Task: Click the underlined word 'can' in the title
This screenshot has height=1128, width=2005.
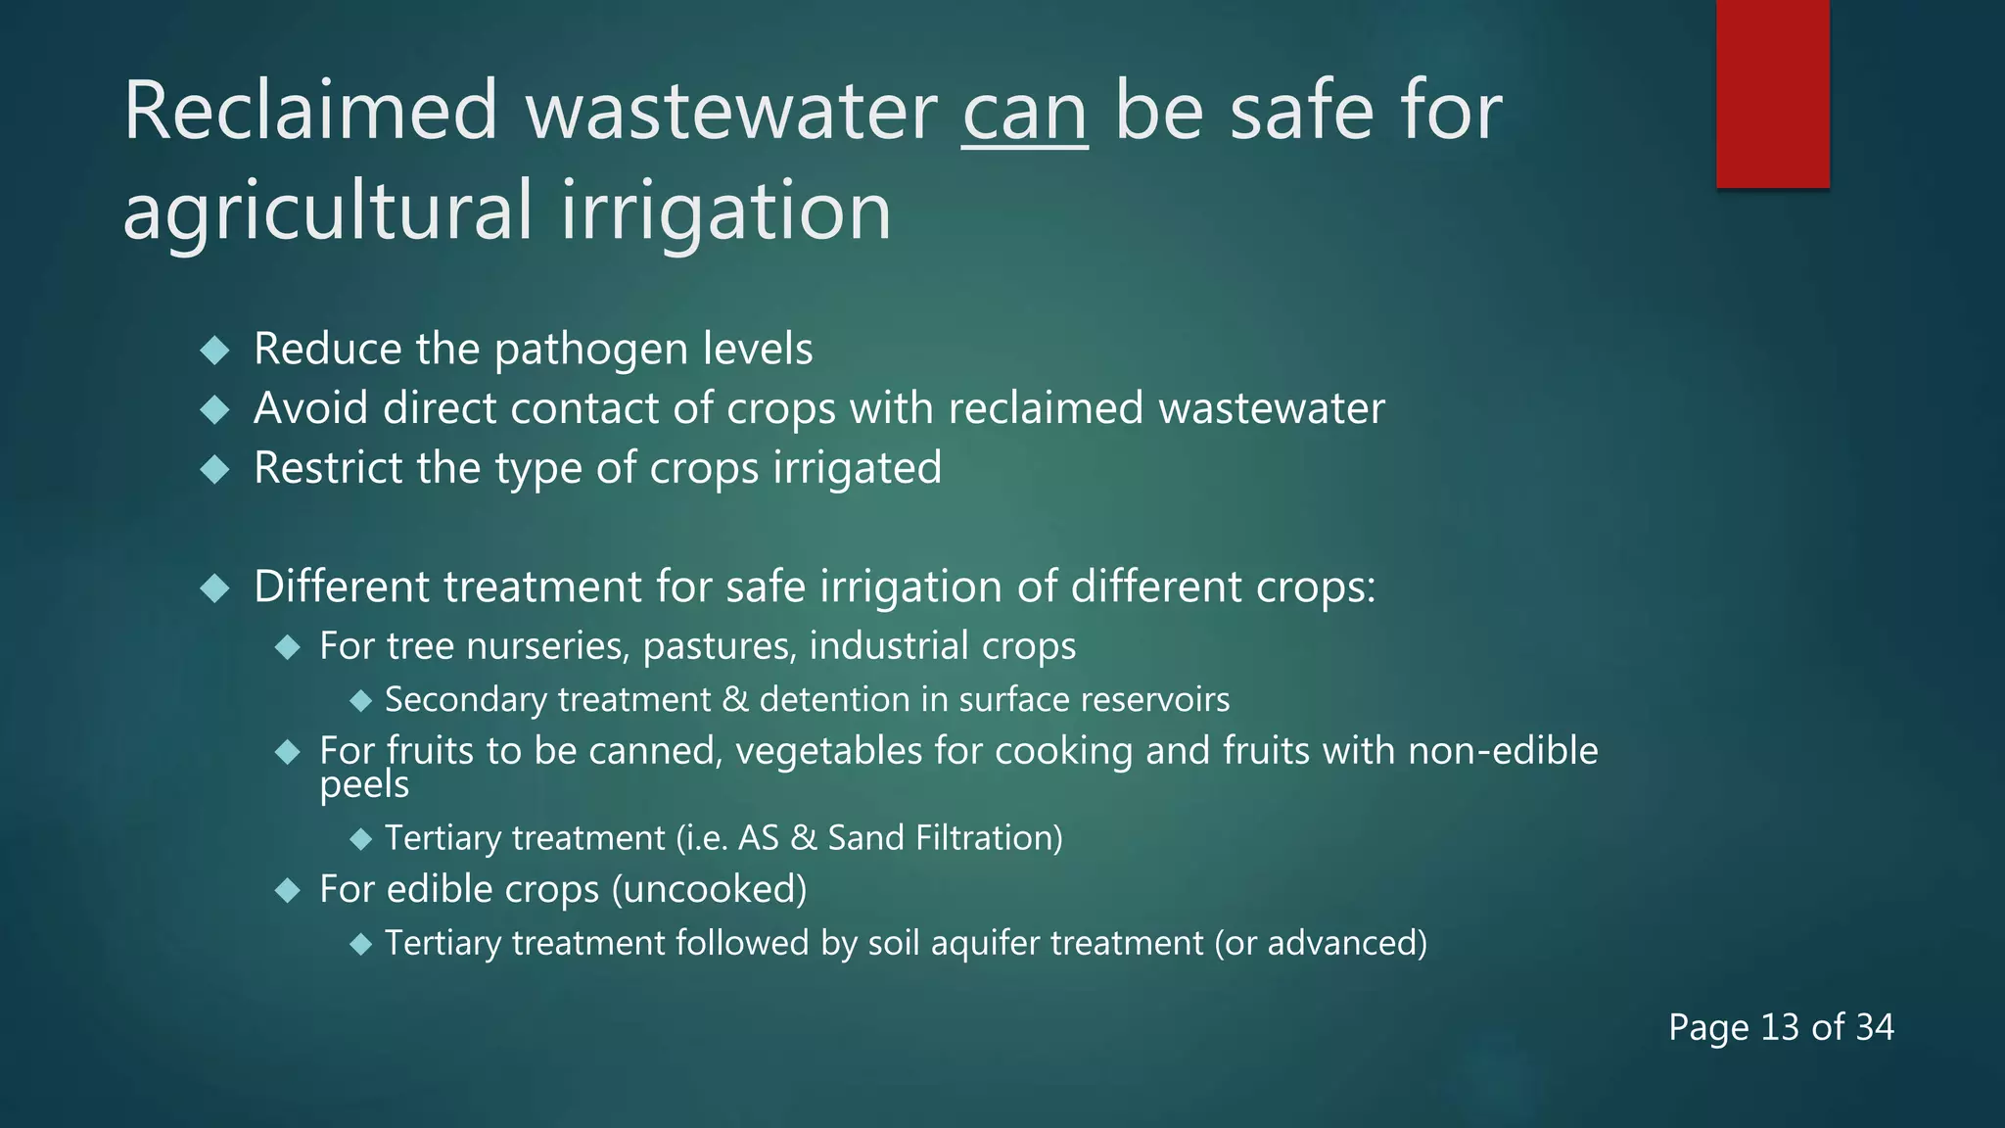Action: tap(1024, 114)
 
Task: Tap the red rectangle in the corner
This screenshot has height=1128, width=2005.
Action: tap(1772, 93)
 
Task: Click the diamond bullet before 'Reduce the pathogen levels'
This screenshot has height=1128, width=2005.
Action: tap(214, 351)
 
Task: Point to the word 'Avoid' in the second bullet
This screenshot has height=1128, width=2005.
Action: tap(310, 408)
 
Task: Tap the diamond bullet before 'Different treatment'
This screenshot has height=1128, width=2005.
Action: tap(214, 587)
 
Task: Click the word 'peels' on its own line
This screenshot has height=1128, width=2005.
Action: tap(364, 784)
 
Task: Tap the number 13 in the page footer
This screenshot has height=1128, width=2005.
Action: tap(1779, 1027)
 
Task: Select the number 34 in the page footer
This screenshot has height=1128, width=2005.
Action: tap(1874, 1027)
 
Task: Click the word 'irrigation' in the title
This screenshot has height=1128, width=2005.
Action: tap(725, 211)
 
